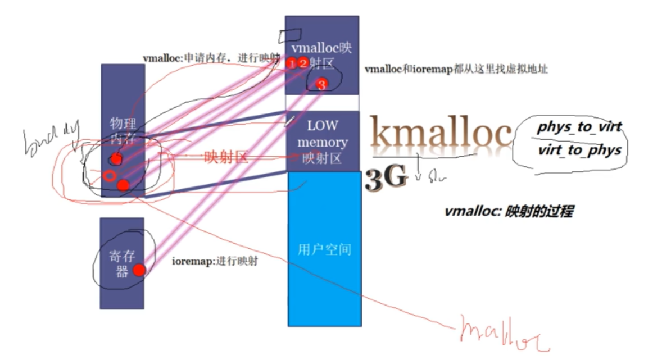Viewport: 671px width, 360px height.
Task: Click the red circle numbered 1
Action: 292,63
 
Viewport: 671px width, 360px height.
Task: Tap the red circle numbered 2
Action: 303,63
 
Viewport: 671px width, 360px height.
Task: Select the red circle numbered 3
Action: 321,85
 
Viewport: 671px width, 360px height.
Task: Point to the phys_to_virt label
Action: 579,127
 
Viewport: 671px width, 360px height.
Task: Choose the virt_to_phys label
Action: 579,150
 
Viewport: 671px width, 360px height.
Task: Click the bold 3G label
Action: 386,178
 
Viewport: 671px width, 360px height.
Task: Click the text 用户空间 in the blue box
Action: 324,249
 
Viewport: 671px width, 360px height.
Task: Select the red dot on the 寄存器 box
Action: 139,270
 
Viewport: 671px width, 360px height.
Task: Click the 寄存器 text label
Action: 119,264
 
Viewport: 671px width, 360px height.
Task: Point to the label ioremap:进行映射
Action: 214,261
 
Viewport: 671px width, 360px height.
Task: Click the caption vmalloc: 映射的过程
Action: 509,212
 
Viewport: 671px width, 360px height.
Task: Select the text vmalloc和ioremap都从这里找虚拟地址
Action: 456,70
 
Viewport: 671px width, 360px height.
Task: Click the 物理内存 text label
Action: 123,130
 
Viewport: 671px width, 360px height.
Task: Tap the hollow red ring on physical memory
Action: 110,175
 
